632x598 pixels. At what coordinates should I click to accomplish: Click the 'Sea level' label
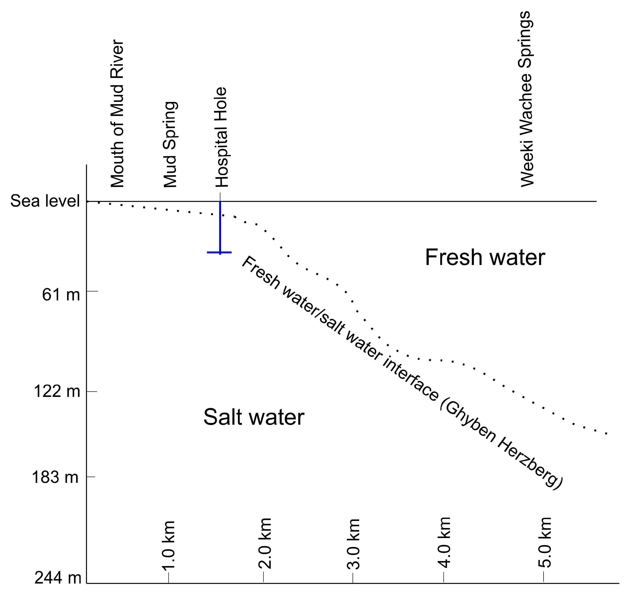pos(45,201)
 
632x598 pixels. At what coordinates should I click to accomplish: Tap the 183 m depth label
pos(55,477)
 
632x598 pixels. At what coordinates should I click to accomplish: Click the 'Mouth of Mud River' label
pos(117,114)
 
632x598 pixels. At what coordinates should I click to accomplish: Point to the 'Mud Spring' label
pos(170,144)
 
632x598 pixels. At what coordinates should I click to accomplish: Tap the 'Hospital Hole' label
pos(221,137)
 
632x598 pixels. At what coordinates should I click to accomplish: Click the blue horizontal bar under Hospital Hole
pos(219,252)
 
